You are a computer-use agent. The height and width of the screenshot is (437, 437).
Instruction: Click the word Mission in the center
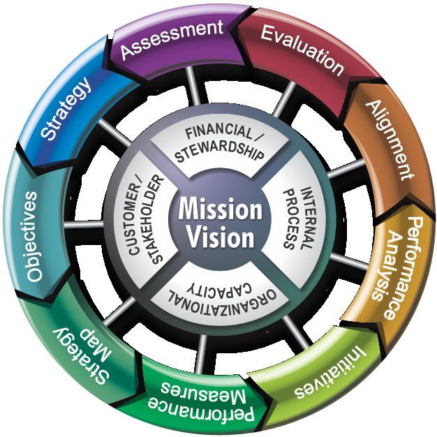coord(218,209)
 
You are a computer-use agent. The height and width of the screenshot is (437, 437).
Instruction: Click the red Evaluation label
coord(302,50)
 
